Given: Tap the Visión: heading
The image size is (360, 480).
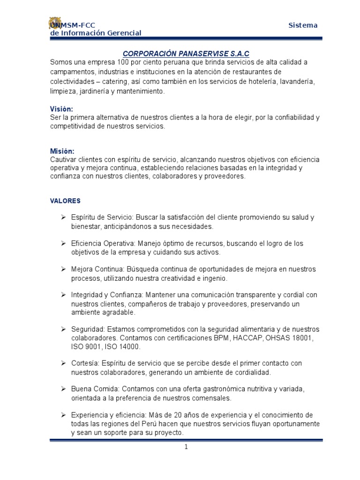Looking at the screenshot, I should pos(62,109).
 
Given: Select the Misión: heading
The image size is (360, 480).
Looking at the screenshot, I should pos(62,151).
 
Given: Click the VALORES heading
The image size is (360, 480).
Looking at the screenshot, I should pos(65,201).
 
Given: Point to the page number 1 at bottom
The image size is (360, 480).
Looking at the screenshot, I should pos(186,447).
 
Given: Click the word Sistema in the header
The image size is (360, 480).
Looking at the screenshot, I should pos(303,25).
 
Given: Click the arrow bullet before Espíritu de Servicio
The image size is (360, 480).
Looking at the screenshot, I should pos(63,218).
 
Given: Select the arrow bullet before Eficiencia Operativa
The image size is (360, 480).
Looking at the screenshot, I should pos(63,244).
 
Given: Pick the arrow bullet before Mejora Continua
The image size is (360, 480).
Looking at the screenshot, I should pos(63,270).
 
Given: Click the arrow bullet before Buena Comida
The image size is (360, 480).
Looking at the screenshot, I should pos(63,390).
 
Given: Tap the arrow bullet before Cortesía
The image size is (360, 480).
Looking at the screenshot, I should pos(63,364).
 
